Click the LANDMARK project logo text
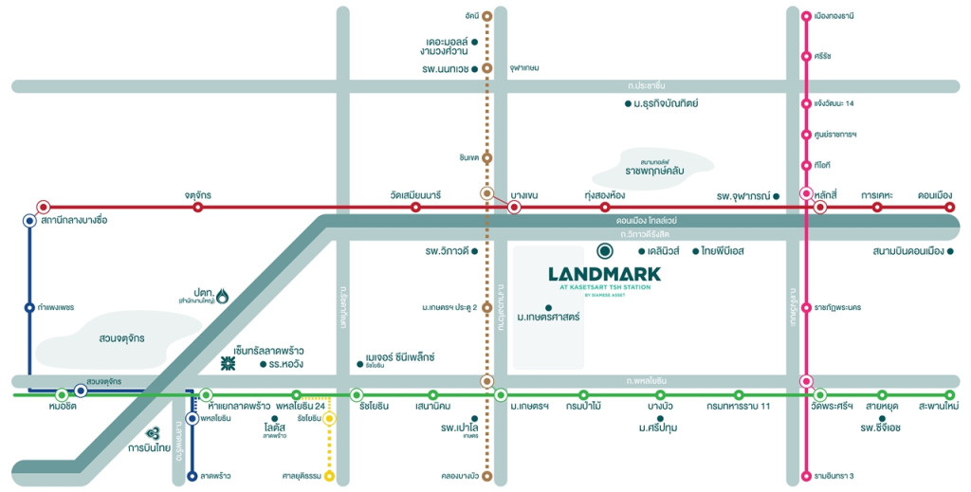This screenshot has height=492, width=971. click(x=604, y=274)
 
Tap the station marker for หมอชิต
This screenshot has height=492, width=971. click(x=62, y=394)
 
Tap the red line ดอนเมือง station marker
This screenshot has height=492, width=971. click(x=950, y=207)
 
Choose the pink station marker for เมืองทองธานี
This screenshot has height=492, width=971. click(x=805, y=15)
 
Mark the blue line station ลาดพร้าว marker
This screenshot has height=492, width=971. click(x=192, y=475)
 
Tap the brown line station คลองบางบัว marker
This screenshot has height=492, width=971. click(x=486, y=475)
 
